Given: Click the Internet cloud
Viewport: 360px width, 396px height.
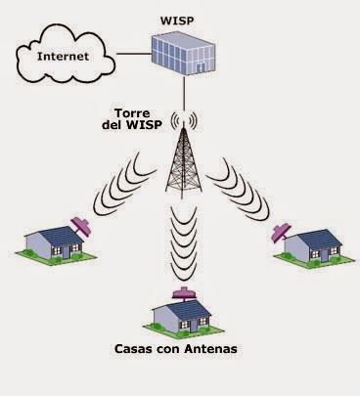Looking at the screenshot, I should (x=58, y=57).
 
